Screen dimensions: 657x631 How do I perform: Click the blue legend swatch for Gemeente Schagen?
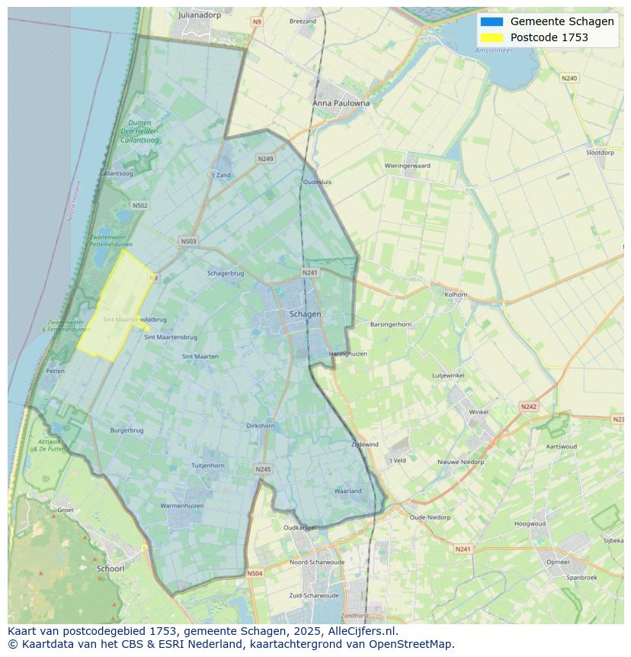492,21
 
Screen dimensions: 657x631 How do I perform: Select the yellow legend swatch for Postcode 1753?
492,37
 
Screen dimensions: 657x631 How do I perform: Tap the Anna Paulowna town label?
341,103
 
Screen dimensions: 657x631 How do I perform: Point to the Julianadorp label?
199,14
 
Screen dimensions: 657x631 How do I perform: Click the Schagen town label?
305,314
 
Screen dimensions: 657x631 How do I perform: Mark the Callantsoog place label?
116,174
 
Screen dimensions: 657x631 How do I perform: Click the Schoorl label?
111,568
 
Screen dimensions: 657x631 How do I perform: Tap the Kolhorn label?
456,294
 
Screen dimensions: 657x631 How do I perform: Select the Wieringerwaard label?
407,166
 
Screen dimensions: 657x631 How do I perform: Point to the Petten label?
55,372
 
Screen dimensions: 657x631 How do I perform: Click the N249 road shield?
265,159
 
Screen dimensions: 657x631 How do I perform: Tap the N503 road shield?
188,241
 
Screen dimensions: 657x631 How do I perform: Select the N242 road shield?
528,407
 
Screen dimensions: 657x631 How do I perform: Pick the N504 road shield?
255,573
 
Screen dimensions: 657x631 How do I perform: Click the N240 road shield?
569,78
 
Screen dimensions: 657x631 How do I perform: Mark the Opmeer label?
558,562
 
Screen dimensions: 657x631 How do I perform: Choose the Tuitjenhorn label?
207,465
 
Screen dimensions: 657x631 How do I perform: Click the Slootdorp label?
600,153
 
